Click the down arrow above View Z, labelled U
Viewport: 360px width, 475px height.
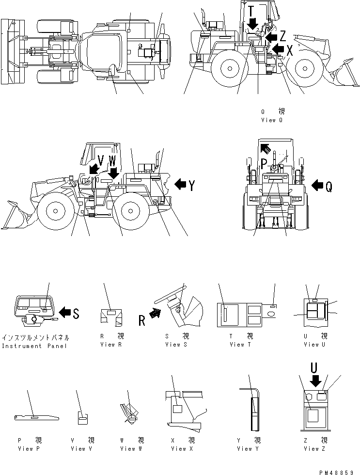[x=315, y=381]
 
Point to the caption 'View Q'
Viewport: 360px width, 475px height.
[x=272, y=120]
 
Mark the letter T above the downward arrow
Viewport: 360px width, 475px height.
[x=250, y=10]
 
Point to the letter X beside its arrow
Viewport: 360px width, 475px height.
[x=290, y=49]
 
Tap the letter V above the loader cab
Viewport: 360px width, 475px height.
[x=101, y=160]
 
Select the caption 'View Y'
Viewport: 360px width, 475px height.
[x=249, y=449]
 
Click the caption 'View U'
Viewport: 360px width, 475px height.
[x=311, y=345]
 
